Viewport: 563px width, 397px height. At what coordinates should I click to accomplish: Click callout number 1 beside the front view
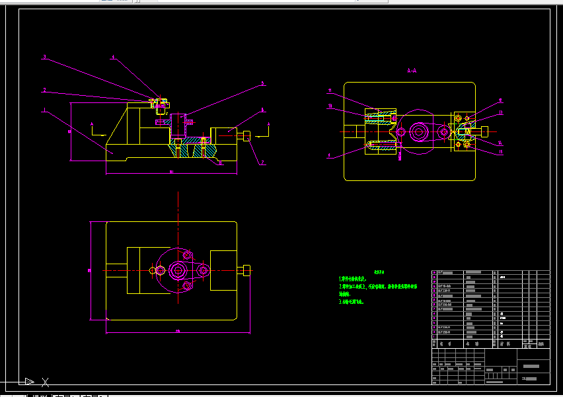(44, 110)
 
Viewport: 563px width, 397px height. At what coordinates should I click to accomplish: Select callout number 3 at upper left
(44, 57)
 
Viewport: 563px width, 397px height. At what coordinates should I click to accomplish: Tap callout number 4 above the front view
(113, 57)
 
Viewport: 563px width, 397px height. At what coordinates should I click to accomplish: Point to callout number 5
(262, 84)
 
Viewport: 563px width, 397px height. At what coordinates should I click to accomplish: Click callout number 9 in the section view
(329, 156)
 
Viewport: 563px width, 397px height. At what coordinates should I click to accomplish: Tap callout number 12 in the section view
(500, 101)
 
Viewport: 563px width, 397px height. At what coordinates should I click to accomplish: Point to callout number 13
(500, 113)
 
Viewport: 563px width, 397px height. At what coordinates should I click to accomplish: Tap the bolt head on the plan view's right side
(247, 270)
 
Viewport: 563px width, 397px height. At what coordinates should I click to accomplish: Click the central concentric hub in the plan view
(178, 270)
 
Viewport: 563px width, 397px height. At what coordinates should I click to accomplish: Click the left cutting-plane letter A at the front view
(93, 124)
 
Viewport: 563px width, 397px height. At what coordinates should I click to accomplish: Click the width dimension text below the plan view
(178, 331)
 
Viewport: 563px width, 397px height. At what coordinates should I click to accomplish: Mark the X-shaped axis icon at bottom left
(45, 382)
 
